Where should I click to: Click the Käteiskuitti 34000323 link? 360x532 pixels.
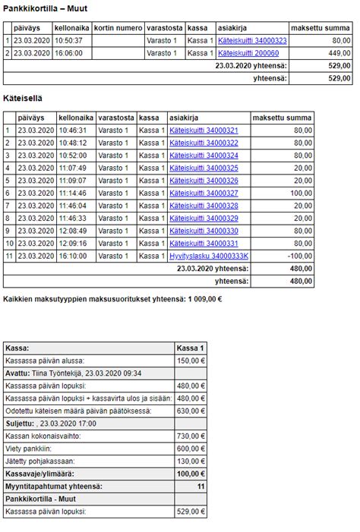click(x=252, y=40)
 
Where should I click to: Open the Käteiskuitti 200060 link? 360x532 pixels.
click(x=248, y=53)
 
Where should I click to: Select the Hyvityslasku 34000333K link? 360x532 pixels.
click(x=209, y=256)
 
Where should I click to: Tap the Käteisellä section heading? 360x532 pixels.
click(x=23, y=99)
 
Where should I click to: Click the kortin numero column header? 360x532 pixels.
click(x=118, y=27)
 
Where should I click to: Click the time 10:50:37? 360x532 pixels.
click(x=69, y=40)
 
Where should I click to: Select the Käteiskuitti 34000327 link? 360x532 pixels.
click(x=204, y=193)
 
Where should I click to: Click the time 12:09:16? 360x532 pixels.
click(x=72, y=243)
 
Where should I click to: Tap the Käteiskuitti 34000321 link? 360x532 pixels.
click(x=204, y=131)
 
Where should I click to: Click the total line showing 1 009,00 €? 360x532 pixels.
click(x=112, y=298)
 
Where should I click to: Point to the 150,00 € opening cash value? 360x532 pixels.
click(x=191, y=360)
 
